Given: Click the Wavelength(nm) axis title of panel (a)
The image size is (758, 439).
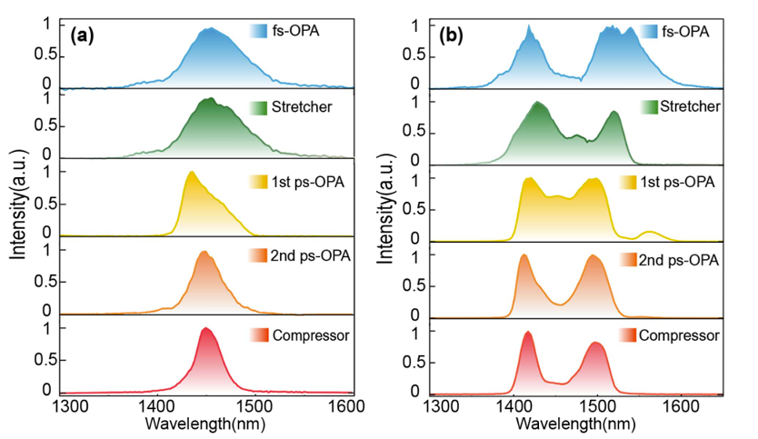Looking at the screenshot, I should click(x=210, y=424).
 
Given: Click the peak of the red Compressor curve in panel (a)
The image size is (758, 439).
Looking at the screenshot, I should click(x=206, y=328).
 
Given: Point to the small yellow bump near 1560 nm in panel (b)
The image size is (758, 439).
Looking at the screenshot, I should click(x=648, y=232).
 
